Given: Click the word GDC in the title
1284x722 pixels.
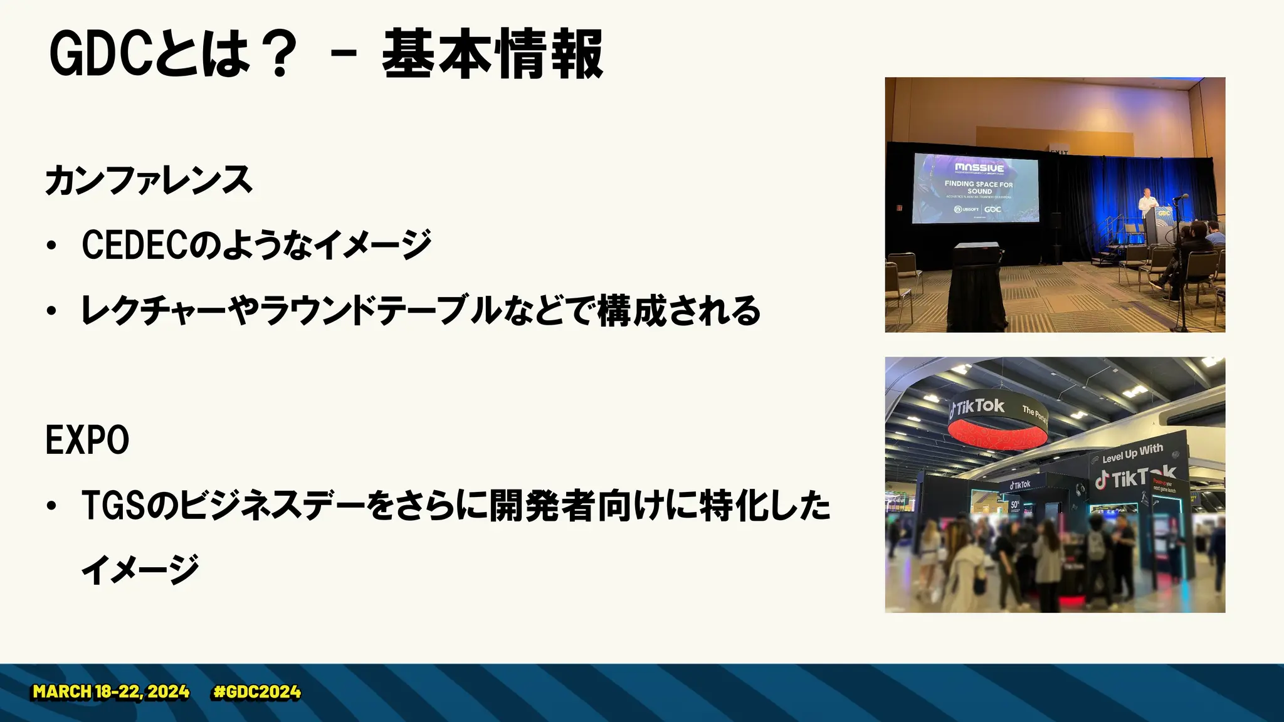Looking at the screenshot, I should [x=100, y=55].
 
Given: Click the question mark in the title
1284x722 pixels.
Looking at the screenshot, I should [x=275, y=55].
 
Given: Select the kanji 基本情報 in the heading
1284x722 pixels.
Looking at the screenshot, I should [x=492, y=55].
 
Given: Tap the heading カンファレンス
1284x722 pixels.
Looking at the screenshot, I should [x=149, y=180].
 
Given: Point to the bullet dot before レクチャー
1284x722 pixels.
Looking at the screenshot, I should [x=51, y=311].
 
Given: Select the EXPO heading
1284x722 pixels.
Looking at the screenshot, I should [x=87, y=440].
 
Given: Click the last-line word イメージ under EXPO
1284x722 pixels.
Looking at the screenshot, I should [x=140, y=570].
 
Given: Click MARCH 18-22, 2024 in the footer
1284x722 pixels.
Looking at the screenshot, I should [x=111, y=692].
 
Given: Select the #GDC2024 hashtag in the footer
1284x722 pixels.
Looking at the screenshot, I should [x=257, y=692].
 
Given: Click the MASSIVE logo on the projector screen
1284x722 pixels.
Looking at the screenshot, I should [x=979, y=168].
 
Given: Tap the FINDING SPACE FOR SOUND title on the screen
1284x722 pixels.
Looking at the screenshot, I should [x=979, y=187].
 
